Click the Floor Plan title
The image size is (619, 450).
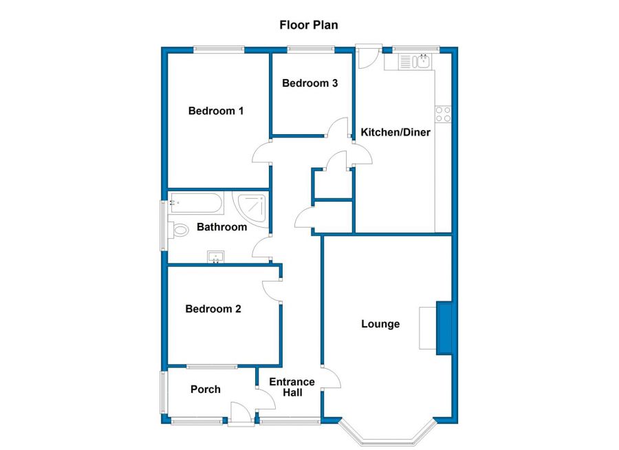point(308,25)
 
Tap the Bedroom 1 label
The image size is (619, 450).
point(216,111)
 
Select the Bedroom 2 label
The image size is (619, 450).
point(213,309)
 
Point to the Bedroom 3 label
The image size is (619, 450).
point(309,83)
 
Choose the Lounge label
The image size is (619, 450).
point(380,324)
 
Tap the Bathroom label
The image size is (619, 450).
point(221,227)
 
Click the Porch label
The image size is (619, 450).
point(206,389)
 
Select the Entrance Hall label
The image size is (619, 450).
point(292,387)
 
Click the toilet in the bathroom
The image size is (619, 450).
point(180,231)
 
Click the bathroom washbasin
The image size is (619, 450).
point(217,258)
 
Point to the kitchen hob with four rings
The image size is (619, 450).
point(442,114)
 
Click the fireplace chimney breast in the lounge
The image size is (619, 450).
point(444,328)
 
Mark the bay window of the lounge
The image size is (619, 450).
point(387,433)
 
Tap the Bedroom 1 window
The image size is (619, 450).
point(219,49)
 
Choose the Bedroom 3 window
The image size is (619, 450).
point(311,49)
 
